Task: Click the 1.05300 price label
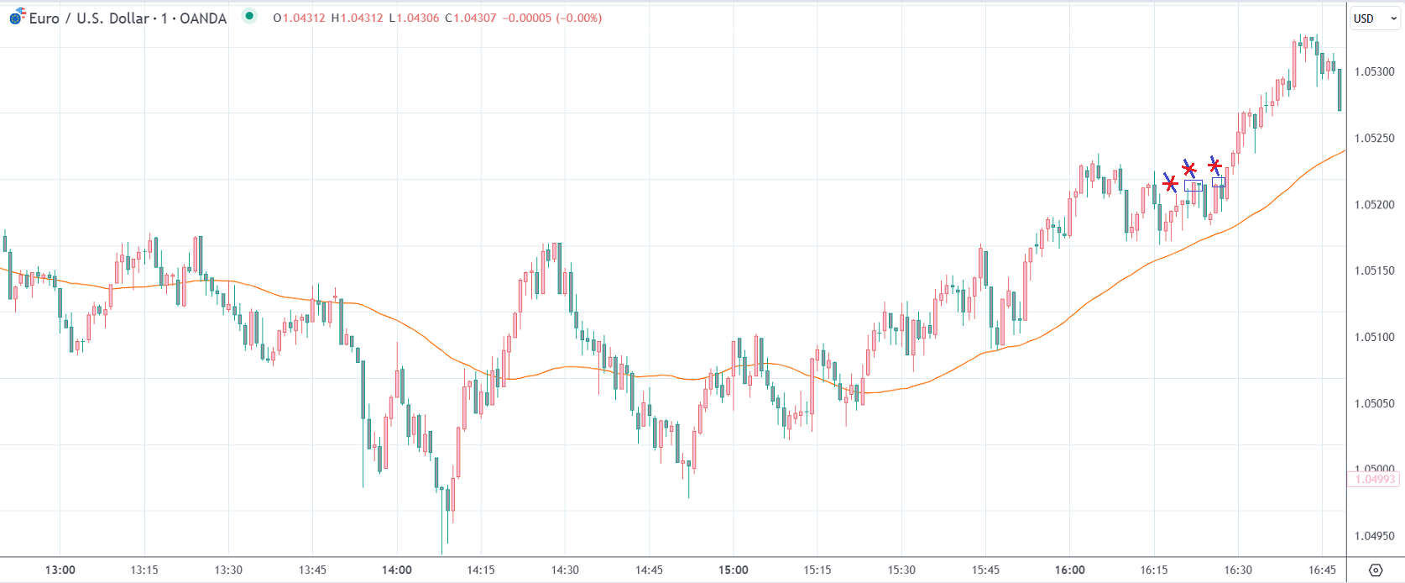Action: [x=1374, y=71]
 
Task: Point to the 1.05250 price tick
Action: [x=1374, y=138]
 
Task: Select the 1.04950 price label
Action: [x=1374, y=536]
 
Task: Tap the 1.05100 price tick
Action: [x=1374, y=337]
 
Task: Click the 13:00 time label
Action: [x=60, y=570]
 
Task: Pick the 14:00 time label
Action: [x=397, y=570]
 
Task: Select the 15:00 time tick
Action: [x=733, y=570]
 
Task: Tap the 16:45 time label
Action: [x=1322, y=570]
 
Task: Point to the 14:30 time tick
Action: [x=565, y=570]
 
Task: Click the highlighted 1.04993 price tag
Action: [x=1374, y=479]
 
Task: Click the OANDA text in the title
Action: [x=203, y=18]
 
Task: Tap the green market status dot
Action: [x=249, y=16]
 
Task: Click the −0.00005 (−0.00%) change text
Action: [x=551, y=18]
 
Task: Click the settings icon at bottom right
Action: [x=1375, y=570]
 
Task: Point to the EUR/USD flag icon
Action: [x=16, y=17]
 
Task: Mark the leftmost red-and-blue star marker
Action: [x=1170, y=182]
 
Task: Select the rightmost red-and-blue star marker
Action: [x=1214, y=165]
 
